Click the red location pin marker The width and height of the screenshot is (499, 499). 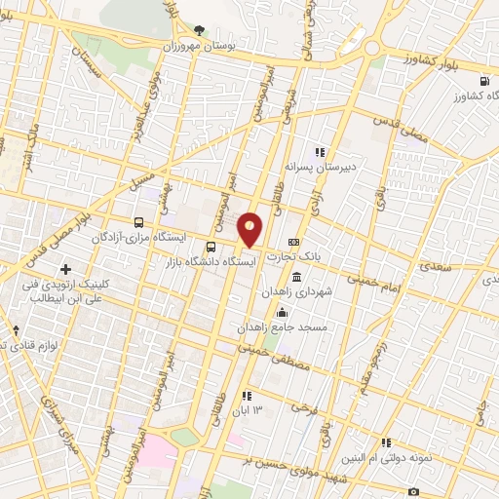coord(250,230)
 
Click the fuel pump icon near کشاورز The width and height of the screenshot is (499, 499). coord(485,82)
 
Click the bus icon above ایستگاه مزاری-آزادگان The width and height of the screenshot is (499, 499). coord(138,221)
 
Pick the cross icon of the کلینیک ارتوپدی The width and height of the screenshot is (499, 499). coord(65,269)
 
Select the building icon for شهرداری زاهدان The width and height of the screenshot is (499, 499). coord(296,264)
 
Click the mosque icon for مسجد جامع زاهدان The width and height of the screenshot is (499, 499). coord(283,312)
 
